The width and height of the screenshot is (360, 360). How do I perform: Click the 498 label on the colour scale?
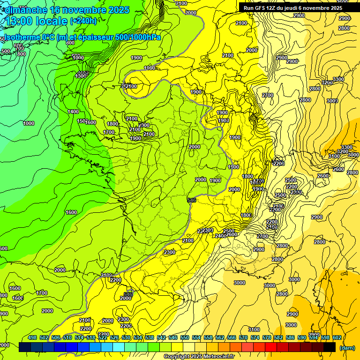coord(32,337)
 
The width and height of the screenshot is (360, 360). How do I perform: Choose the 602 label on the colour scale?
coord(337,337)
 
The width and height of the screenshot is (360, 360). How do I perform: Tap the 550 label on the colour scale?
coord(185,337)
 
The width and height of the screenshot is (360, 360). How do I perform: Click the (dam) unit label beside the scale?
coord(347,347)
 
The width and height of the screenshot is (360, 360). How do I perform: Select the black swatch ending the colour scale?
coord(330,347)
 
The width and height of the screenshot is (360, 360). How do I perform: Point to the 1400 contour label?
coord(73,112)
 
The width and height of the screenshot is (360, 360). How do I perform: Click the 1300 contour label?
coord(81,75)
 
